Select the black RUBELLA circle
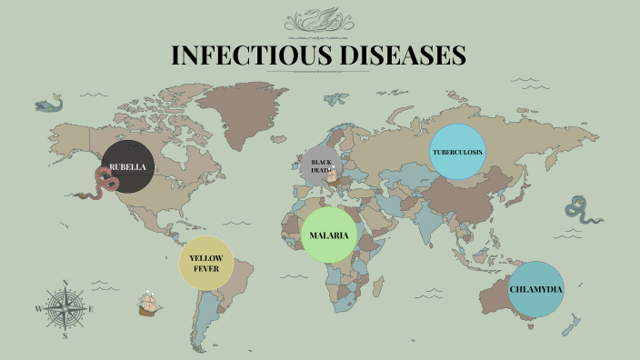pyautogui.click(x=126, y=167)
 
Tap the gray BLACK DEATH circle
pyautogui.click(x=323, y=165)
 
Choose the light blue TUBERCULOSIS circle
pyautogui.click(x=457, y=152)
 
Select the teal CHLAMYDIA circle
pyautogui.click(x=535, y=289)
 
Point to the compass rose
pyautogui.click(x=65, y=309)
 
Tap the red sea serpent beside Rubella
pyautogui.click(x=99, y=185)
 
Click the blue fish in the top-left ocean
pyautogui.click(x=48, y=105)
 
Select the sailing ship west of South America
pyautogui.click(x=149, y=304)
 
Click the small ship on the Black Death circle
pyautogui.click(x=333, y=175)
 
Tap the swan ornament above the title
pyautogui.click(x=320, y=20)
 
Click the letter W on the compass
pyautogui.click(x=38, y=309)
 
